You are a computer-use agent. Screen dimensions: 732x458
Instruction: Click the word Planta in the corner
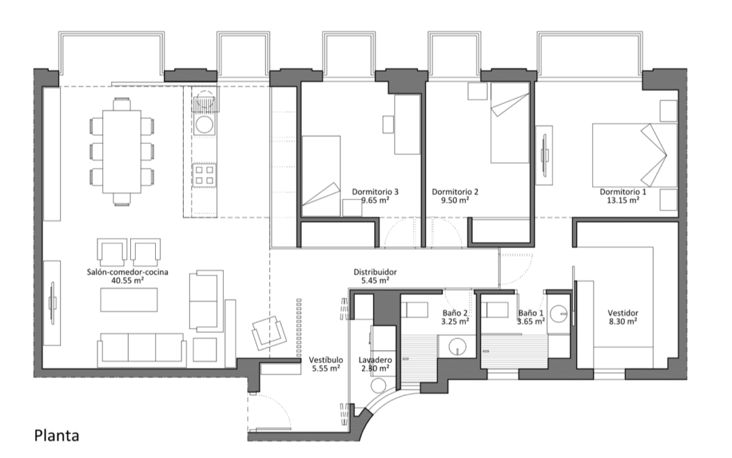click(x=56, y=436)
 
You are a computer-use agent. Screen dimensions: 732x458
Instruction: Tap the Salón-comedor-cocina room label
click(x=127, y=272)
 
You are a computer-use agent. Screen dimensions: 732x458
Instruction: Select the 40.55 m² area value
click(x=127, y=280)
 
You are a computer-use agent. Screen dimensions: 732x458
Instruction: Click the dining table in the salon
click(x=122, y=151)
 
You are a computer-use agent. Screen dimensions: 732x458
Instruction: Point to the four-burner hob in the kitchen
click(x=205, y=175)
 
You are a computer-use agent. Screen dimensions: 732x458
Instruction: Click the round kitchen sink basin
click(x=204, y=124)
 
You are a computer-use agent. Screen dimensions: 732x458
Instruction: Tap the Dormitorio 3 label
click(x=375, y=191)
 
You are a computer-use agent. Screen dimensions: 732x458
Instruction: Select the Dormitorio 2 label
click(x=455, y=191)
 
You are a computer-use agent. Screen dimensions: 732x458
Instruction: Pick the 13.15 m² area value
click(x=623, y=200)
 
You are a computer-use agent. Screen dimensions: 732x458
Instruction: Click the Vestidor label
click(x=623, y=313)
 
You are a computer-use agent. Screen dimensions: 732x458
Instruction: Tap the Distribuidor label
click(x=375, y=272)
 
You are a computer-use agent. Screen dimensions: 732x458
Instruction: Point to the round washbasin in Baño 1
click(x=558, y=313)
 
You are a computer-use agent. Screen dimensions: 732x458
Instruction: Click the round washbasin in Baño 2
click(x=457, y=347)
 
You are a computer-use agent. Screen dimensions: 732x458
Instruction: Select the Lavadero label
click(x=375, y=360)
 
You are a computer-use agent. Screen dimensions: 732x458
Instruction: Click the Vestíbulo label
click(x=326, y=360)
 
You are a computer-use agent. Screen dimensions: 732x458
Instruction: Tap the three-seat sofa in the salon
click(x=142, y=349)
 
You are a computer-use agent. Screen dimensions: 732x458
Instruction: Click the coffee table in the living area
click(x=129, y=300)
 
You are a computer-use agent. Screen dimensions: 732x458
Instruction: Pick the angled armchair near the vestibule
click(x=269, y=332)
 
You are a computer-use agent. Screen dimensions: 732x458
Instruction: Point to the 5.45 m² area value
click(x=375, y=280)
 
